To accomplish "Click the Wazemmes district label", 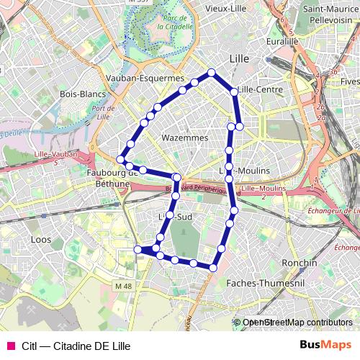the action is pos(185,138).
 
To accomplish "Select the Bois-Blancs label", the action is pos(83,94).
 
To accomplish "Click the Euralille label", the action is pos(282,42).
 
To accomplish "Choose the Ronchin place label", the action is pos(300,263).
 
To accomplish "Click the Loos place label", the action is pos(42,238).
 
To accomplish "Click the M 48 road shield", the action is pos(124,286).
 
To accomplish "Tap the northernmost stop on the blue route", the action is pos(212,72).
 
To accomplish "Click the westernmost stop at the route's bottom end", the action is pos(138,250).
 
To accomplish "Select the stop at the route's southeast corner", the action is pos(212,268).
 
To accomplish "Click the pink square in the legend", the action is pos(10,346).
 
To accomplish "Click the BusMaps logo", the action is pos(325,345).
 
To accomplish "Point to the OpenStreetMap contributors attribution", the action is pos(297,323).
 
